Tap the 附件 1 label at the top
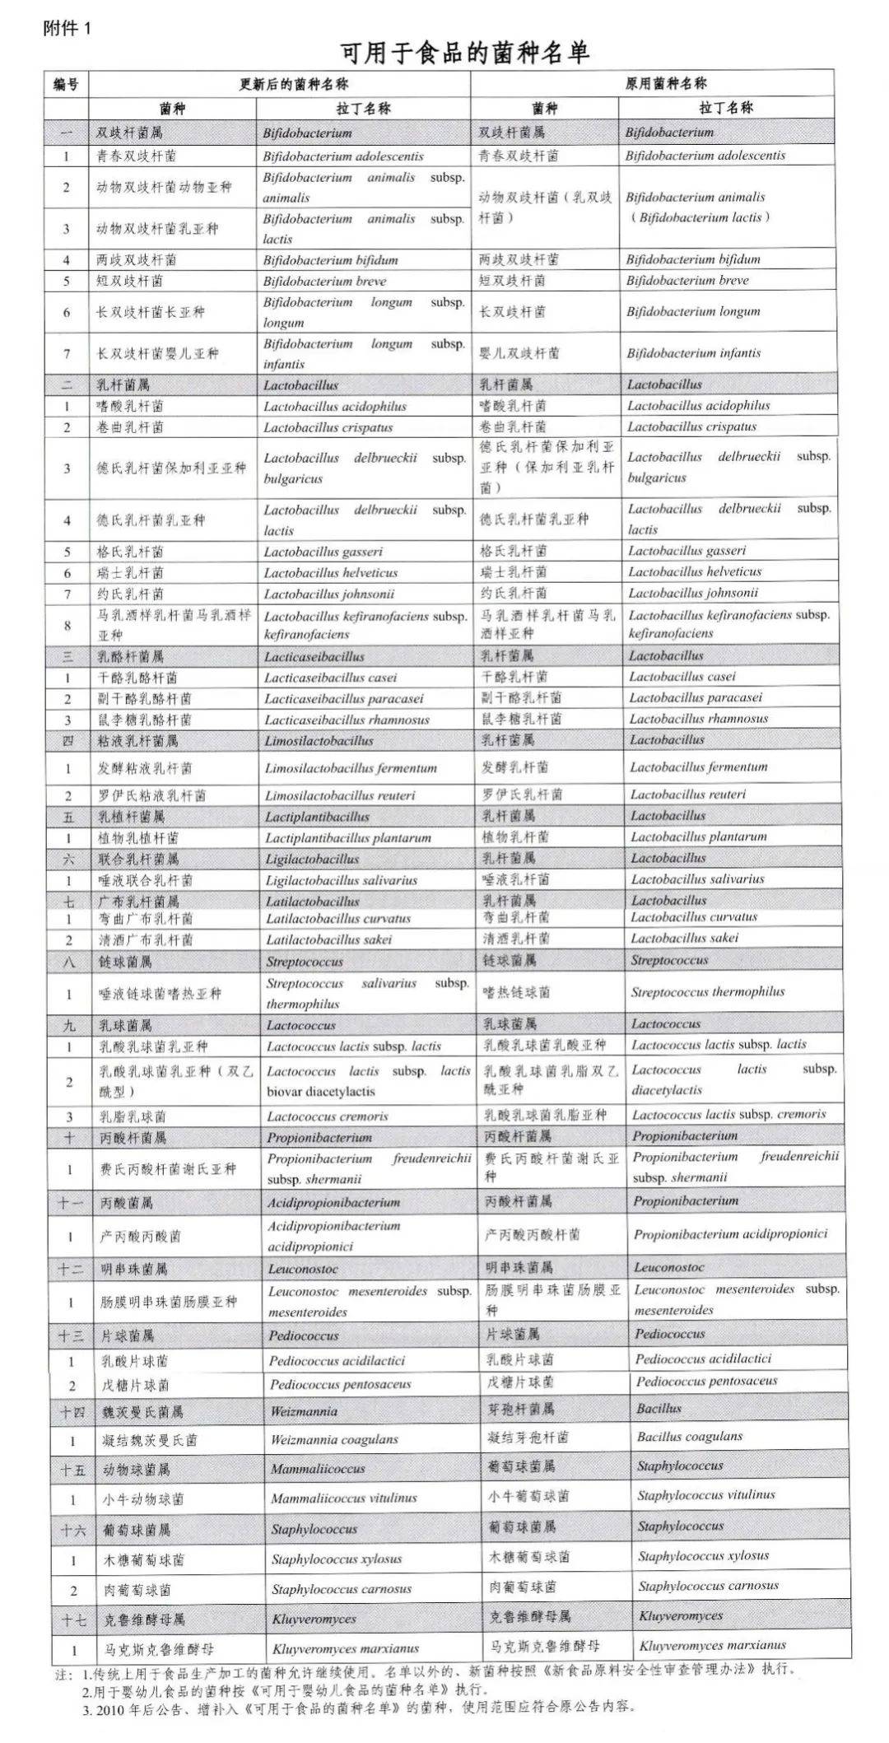tap(67, 28)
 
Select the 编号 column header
tap(66, 84)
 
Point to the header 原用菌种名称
tap(666, 83)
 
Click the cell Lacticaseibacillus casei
tap(330, 678)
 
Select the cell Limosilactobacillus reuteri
tap(340, 795)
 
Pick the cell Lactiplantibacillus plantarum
tap(347, 838)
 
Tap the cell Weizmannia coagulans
tap(334, 1440)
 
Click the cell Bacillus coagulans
tap(690, 1437)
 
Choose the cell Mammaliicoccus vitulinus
tap(344, 1498)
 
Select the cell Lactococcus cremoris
tap(327, 1116)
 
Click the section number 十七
tap(72, 1619)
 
